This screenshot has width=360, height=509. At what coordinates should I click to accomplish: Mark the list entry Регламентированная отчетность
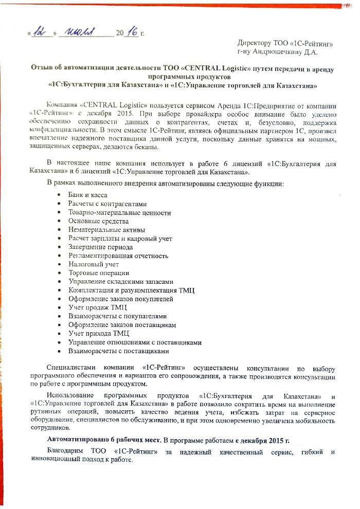pos(118,256)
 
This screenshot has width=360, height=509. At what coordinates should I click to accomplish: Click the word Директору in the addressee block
pos(253,43)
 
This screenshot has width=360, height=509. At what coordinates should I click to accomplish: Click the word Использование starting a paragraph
pos(69,395)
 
